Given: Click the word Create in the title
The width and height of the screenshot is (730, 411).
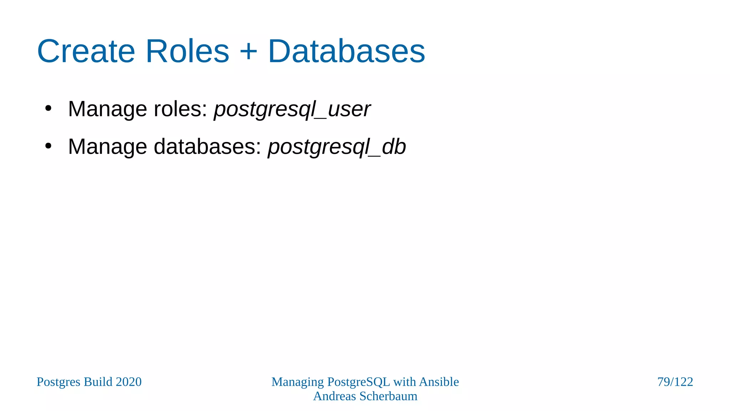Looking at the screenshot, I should coord(86,51).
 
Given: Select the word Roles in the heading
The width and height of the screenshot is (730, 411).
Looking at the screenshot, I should coord(187,51).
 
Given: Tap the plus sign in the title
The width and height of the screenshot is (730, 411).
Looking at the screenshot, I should coord(248,51).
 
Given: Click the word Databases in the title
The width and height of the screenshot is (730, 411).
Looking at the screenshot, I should coord(346,51).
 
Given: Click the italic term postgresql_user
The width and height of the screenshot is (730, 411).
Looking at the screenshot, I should coord(292,109).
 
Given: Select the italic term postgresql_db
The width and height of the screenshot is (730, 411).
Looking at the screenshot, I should coord(337,147).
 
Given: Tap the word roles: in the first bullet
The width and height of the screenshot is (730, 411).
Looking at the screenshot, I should coord(180,109).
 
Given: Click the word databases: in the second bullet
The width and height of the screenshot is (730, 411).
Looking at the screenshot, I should coord(207,147).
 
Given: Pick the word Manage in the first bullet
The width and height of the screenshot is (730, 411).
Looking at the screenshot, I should coord(107,109).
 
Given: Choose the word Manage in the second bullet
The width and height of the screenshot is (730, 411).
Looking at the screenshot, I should coord(107,147).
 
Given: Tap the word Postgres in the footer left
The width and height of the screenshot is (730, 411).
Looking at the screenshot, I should coord(58,382).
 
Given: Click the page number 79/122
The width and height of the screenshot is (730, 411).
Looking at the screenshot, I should coord(675,382).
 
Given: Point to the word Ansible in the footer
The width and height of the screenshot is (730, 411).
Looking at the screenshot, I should coord(439,382).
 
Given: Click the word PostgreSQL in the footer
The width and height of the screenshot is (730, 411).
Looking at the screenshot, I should coord(359,382).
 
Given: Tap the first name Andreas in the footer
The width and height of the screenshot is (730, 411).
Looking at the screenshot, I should coord(335,396).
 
